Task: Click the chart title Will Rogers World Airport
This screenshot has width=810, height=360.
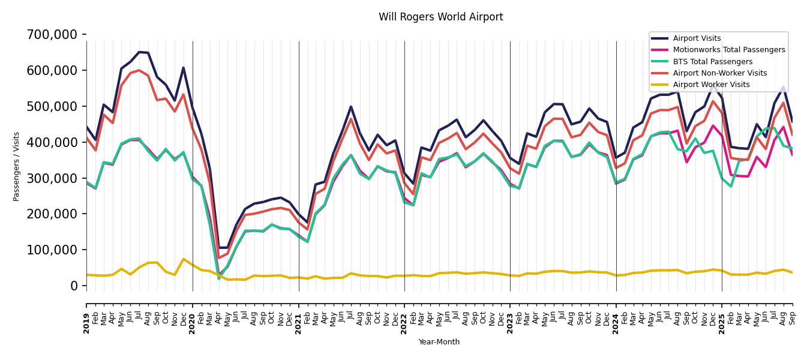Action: [440, 17]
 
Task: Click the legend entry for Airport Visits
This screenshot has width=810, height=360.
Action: [697, 38]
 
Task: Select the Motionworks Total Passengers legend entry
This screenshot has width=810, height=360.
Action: [728, 50]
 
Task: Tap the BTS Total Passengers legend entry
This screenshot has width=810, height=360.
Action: [712, 62]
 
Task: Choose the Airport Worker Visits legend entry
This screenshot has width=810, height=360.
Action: [711, 85]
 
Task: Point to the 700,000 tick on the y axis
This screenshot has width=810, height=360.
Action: [52, 35]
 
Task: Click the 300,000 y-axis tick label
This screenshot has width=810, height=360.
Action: [52, 178]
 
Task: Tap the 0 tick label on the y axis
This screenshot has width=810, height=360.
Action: [74, 286]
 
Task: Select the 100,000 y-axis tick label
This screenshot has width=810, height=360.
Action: [52, 250]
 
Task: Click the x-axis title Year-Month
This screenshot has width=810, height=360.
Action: [439, 342]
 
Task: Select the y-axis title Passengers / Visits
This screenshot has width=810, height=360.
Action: [17, 166]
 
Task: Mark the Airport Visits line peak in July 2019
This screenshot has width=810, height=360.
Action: [139, 52]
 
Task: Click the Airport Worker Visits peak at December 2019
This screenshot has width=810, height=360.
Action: [184, 259]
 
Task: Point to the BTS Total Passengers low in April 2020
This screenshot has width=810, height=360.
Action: [219, 278]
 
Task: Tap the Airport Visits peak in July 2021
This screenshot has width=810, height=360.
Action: [351, 107]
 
